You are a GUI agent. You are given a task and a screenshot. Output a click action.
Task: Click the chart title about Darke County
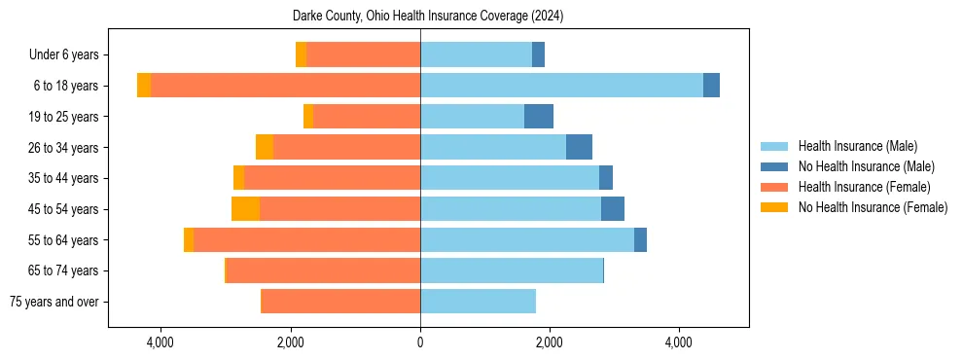point(428,17)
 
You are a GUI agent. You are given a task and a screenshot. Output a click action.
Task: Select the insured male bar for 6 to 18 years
point(561,86)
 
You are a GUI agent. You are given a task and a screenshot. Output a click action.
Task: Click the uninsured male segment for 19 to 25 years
point(539,117)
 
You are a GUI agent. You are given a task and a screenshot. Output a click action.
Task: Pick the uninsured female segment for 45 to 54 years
point(245,209)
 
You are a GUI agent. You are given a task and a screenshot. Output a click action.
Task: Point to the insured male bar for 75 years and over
point(478,302)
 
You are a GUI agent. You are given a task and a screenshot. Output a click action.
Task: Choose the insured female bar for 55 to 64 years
point(306,240)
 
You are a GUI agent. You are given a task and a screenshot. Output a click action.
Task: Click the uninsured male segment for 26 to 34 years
point(579,148)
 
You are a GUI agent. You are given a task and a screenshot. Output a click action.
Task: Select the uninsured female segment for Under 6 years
point(301,55)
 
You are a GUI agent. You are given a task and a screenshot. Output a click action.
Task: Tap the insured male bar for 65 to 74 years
point(512,270)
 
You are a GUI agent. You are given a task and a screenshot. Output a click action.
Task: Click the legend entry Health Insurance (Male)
point(857,146)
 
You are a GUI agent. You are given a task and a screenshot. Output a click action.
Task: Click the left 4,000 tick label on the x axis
point(160,342)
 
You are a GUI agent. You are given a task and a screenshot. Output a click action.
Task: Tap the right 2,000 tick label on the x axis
point(549,342)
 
